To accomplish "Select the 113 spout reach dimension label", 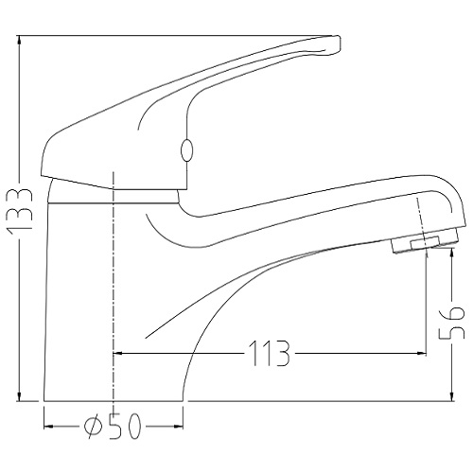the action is click(x=269, y=353).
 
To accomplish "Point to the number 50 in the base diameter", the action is click(x=125, y=427).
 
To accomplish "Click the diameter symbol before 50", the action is click(x=93, y=427).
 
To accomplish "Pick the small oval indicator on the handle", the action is click(x=186, y=150).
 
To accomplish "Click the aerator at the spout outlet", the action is click(x=425, y=241).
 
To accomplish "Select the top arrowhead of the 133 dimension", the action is click(x=20, y=41).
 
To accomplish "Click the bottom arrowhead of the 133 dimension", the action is click(x=20, y=396).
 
